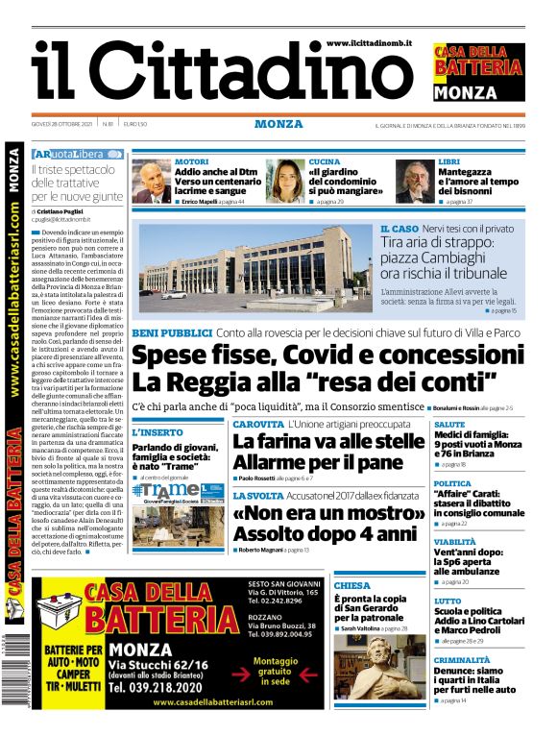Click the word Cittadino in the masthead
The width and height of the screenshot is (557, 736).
pos(257,75)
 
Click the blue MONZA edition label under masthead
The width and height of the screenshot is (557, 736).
pos(278,124)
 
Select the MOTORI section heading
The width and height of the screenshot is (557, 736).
pos(191,161)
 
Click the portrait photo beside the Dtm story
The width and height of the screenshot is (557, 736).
pos(151,182)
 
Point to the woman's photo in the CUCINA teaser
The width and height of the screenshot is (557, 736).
pos(285,182)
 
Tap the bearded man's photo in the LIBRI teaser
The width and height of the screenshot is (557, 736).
pos(415,182)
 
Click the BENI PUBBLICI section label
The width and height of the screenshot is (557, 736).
pos(172,332)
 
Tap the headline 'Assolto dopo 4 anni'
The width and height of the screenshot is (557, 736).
pos(313,531)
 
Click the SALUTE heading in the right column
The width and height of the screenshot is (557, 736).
pos(449,424)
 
